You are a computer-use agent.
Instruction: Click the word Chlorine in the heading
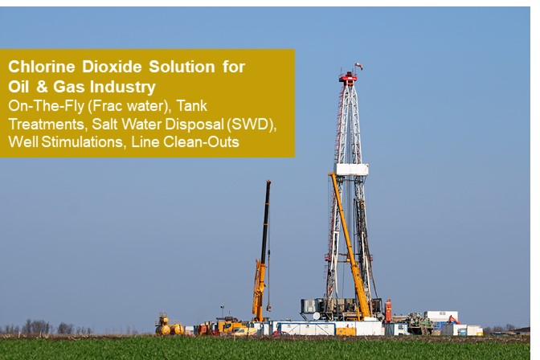(41, 67)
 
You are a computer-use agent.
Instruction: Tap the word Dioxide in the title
(112, 67)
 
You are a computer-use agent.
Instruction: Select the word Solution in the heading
(182, 67)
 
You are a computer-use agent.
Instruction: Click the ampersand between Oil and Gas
(42, 87)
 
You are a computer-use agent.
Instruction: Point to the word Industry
(123, 87)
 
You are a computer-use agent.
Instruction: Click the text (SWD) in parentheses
(252, 124)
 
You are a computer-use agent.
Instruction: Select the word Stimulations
(82, 142)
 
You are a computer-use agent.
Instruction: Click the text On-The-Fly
(46, 106)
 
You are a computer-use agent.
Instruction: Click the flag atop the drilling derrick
(358, 66)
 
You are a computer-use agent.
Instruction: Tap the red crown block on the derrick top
(348, 79)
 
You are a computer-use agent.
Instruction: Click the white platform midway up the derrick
(351, 170)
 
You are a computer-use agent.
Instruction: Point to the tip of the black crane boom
(268, 182)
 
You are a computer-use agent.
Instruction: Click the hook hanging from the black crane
(268, 307)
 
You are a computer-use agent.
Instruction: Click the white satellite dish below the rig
(317, 316)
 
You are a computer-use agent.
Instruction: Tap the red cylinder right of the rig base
(388, 311)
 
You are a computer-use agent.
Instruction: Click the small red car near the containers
(280, 333)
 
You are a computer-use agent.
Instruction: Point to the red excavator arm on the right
(453, 319)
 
